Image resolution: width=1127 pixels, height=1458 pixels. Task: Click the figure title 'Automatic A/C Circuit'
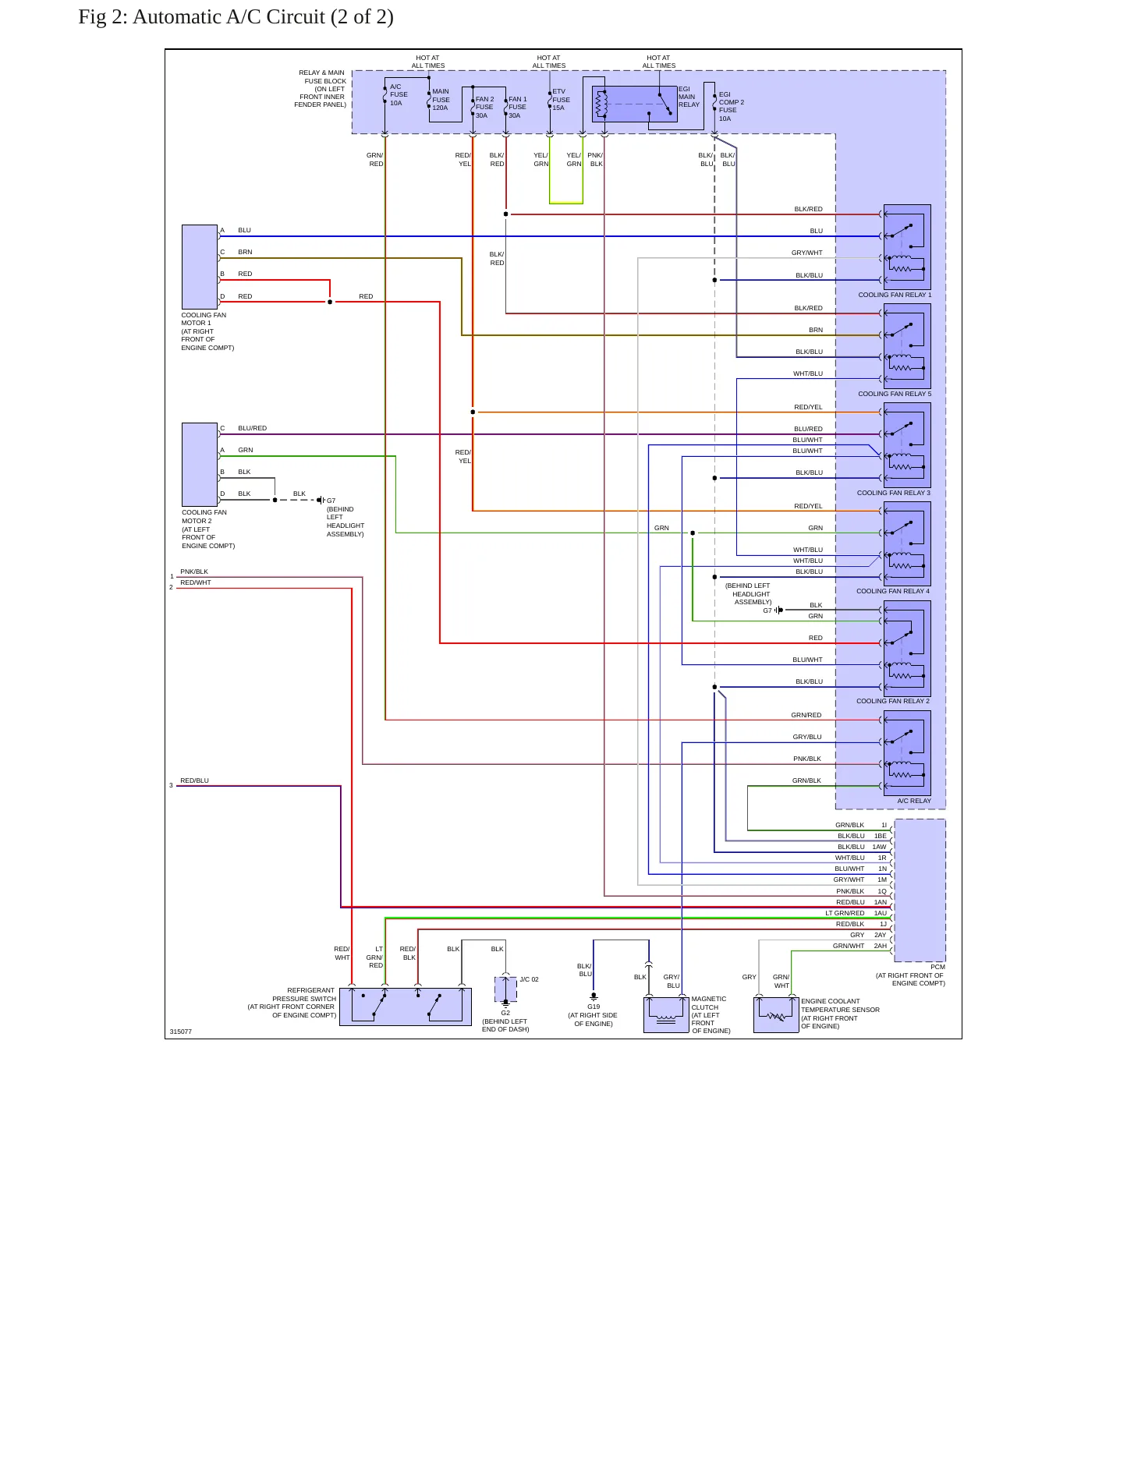point(230,17)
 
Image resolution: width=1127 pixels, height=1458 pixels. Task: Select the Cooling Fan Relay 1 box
point(907,247)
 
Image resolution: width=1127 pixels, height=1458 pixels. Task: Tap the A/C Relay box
point(907,753)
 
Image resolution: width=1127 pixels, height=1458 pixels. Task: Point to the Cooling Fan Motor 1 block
point(200,267)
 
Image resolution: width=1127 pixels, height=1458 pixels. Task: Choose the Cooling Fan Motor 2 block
point(200,465)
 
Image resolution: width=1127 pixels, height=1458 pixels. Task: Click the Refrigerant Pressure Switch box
point(406,1007)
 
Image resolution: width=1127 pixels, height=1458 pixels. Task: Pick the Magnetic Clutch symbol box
point(666,1014)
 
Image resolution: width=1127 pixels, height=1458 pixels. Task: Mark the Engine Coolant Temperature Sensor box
point(776,1014)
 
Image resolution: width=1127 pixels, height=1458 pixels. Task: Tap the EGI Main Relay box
point(635,104)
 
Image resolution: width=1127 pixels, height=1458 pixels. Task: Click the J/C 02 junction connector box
point(505,989)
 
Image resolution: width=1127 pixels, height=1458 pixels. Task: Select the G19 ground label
point(594,1007)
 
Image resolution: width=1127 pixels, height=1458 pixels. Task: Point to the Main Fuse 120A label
point(441,100)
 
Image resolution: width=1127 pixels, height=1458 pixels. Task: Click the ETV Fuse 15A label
point(561,100)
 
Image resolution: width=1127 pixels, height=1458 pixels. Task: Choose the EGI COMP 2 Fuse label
point(731,106)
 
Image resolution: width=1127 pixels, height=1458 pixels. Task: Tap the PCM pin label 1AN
point(880,902)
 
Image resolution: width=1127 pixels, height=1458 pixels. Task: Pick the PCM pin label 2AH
point(880,946)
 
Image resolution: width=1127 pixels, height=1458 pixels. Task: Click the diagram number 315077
point(180,1032)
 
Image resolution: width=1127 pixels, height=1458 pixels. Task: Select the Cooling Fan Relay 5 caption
point(895,394)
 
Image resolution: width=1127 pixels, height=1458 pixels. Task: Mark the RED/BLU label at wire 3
point(194,780)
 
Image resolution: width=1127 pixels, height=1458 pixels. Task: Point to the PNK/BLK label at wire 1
point(194,572)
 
